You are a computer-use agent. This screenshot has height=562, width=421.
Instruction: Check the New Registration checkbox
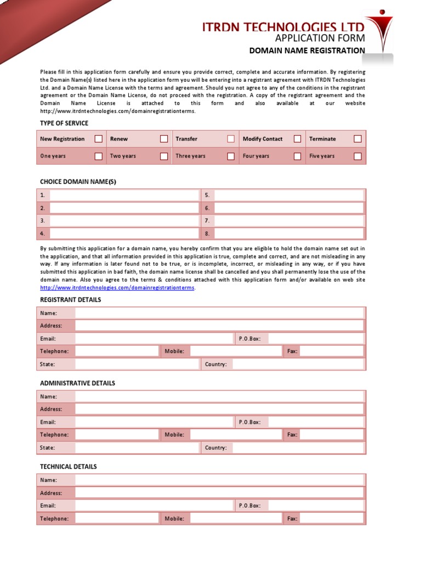pyautogui.click(x=98, y=139)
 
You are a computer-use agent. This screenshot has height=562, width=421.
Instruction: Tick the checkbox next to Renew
pyautogui.click(x=164, y=139)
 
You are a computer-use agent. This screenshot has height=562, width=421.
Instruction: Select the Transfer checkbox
pyautogui.click(x=231, y=139)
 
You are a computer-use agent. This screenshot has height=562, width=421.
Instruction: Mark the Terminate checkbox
pyautogui.click(x=357, y=139)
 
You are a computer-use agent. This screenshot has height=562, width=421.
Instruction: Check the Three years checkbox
pyautogui.click(x=231, y=156)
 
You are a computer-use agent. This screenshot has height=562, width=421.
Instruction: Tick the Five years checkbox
pyautogui.click(x=357, y=156)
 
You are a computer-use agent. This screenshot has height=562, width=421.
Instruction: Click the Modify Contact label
pyautogui.click(x=263, y=139)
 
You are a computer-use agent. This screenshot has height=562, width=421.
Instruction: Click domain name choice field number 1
pyautogui.click(x=124, y=195)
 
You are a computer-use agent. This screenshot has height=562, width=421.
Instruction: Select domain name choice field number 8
pyautogui.click(x=289, y=233)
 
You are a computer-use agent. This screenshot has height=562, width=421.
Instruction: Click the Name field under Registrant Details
pyautogui.click(x=219, y=313)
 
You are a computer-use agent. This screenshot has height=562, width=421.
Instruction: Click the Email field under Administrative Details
pyautogui.click(x=154, y=422)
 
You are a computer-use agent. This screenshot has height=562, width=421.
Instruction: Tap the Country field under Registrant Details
pyautogui.click(x=298, y=364)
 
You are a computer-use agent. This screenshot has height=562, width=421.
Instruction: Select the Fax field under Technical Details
pyautogui.click(x=332, y=519)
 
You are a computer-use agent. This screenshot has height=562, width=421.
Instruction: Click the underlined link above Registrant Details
pyautogui.click(x=117, y=288)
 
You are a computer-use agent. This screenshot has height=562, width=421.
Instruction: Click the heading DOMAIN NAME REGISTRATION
pyautogui.click(x=307, y=50)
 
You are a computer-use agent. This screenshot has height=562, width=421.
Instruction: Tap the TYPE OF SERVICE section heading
pyautogui.click(x=64, y=123)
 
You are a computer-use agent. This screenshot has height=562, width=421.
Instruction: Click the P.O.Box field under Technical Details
pyautogui.click(x=316, y=505)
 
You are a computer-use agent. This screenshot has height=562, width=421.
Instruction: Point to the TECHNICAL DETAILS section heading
pyautogui.click(x=69, y=467)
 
